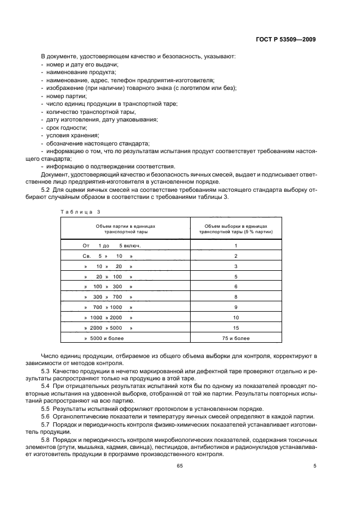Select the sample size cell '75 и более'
(236, 338)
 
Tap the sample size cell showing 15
(236, 328)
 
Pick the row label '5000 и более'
(108, 338)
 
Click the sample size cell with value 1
(236, 245)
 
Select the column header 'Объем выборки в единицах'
(236, 225)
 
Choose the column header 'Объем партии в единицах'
(125, 225)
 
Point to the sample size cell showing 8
(236, 297)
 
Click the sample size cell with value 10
(236, 318)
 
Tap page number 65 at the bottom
(179, 466)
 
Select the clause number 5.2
(46, 190)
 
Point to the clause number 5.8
(46, 439)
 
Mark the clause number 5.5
(46, 409)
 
